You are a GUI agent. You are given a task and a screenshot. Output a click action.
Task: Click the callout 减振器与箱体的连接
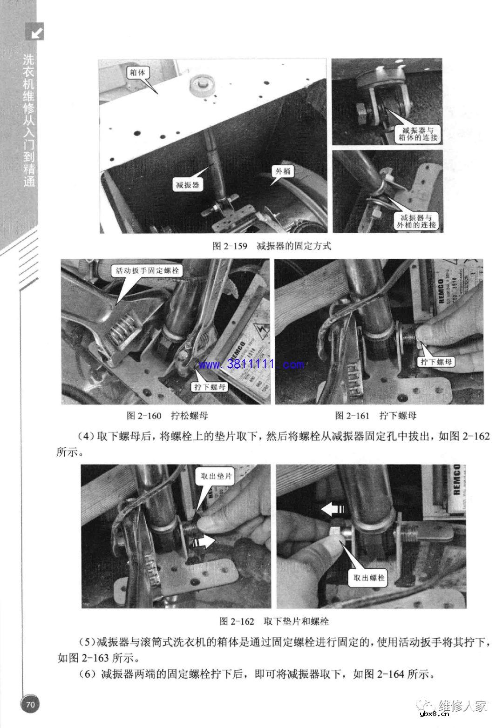coord(417,134)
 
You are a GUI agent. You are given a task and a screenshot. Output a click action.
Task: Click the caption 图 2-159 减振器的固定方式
coord(272,246)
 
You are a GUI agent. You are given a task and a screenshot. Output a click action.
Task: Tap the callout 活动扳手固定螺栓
coord(147,270)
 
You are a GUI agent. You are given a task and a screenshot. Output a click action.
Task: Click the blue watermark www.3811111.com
coord(252,364)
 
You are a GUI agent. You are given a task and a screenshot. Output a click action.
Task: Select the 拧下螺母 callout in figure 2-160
coord(210,386)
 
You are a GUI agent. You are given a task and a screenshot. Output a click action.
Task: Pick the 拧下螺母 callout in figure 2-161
coord(437,361)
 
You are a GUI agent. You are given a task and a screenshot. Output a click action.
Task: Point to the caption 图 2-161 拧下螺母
coord(375,415)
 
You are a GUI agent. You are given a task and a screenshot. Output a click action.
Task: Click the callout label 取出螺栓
coord(369,578)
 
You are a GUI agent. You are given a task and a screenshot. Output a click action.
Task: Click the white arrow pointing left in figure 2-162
coord(333,511)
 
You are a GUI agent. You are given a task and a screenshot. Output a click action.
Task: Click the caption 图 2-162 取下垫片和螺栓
coord(274,621)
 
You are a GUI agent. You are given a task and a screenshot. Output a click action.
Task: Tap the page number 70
coord(30,704)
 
